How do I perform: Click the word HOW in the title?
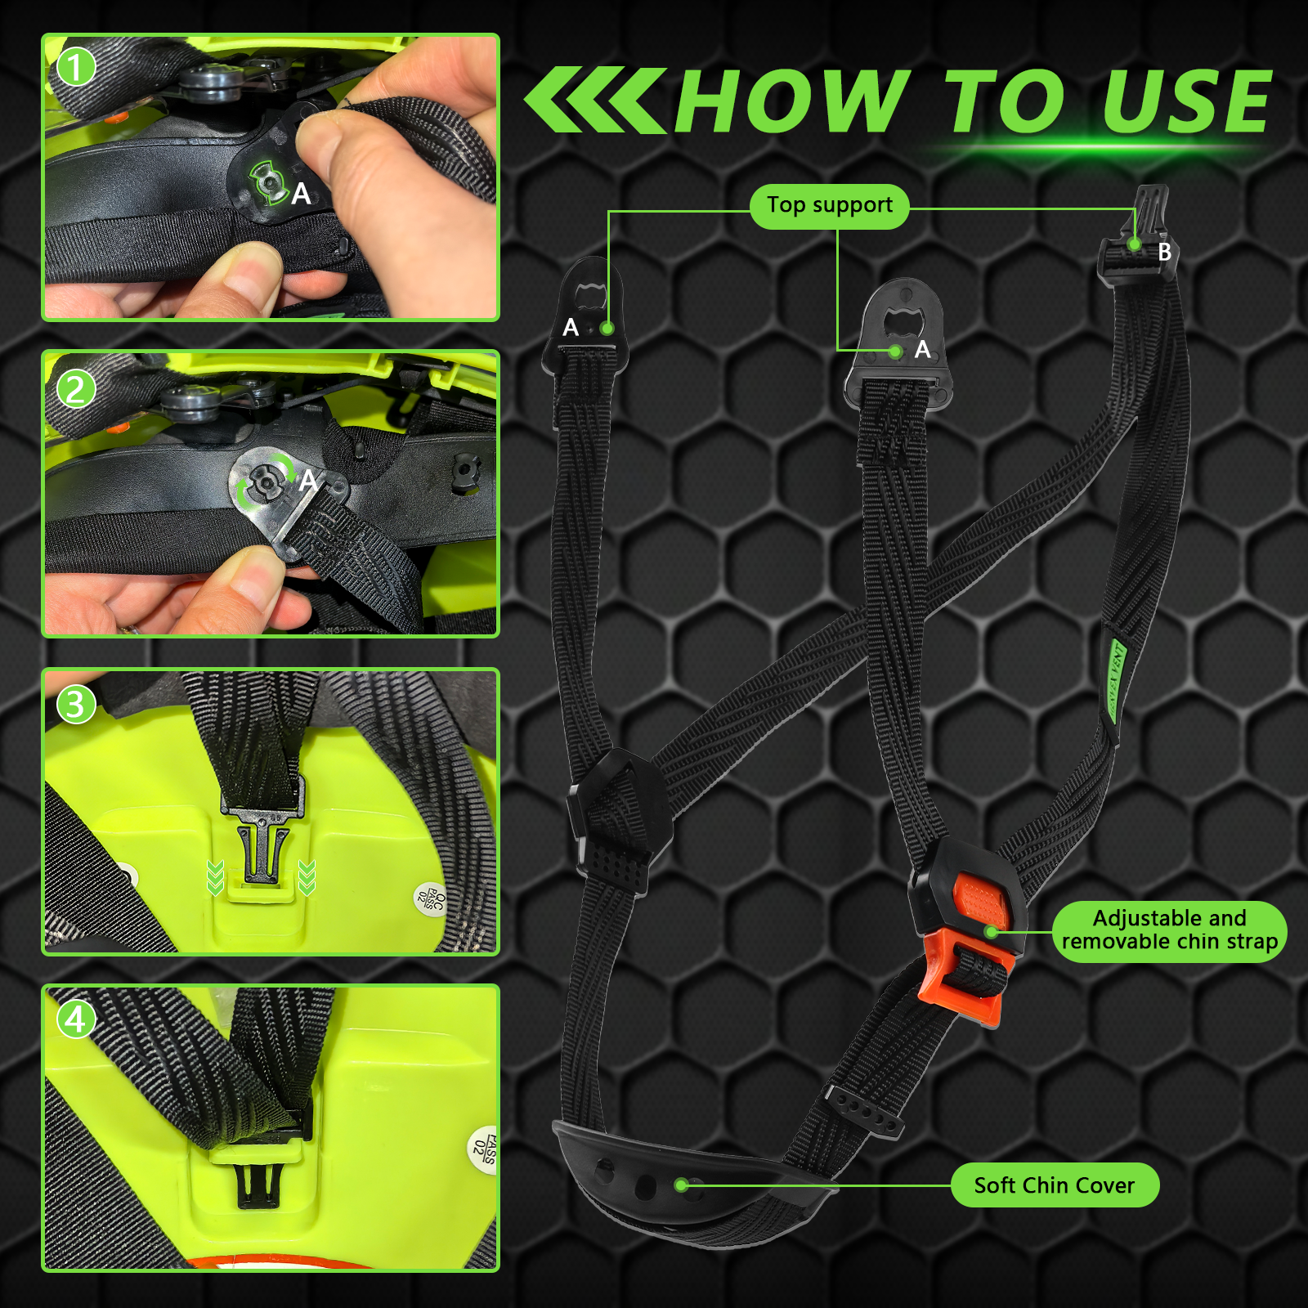(791, 101)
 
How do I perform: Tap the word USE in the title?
(1186, 101)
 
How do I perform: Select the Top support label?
(829, 206)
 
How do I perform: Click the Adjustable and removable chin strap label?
(1169, 930)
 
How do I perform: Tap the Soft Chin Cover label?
(1054, 1185)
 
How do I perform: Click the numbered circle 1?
(76, 68)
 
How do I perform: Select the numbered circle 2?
(76, 389)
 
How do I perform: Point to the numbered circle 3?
(76, 705)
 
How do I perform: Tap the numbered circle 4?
(76, 1019)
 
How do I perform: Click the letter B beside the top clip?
(1164, 253)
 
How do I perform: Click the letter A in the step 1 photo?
(301, 195)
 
